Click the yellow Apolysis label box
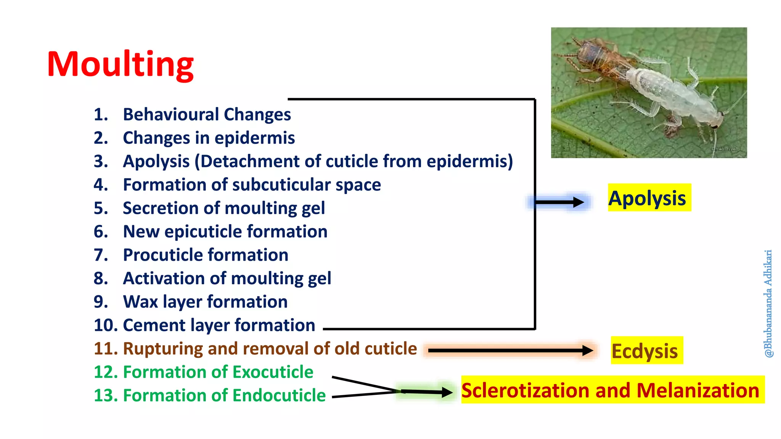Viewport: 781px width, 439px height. (x=649, y=198)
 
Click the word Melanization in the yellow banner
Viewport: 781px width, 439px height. (x=697, y=390)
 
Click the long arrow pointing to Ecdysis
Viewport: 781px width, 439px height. (x=507, y=350)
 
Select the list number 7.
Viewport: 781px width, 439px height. (x=101, y=255)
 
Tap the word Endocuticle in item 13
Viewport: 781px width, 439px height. (x=279, y=396)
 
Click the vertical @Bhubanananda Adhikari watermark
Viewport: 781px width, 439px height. (x=768, y=303)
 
